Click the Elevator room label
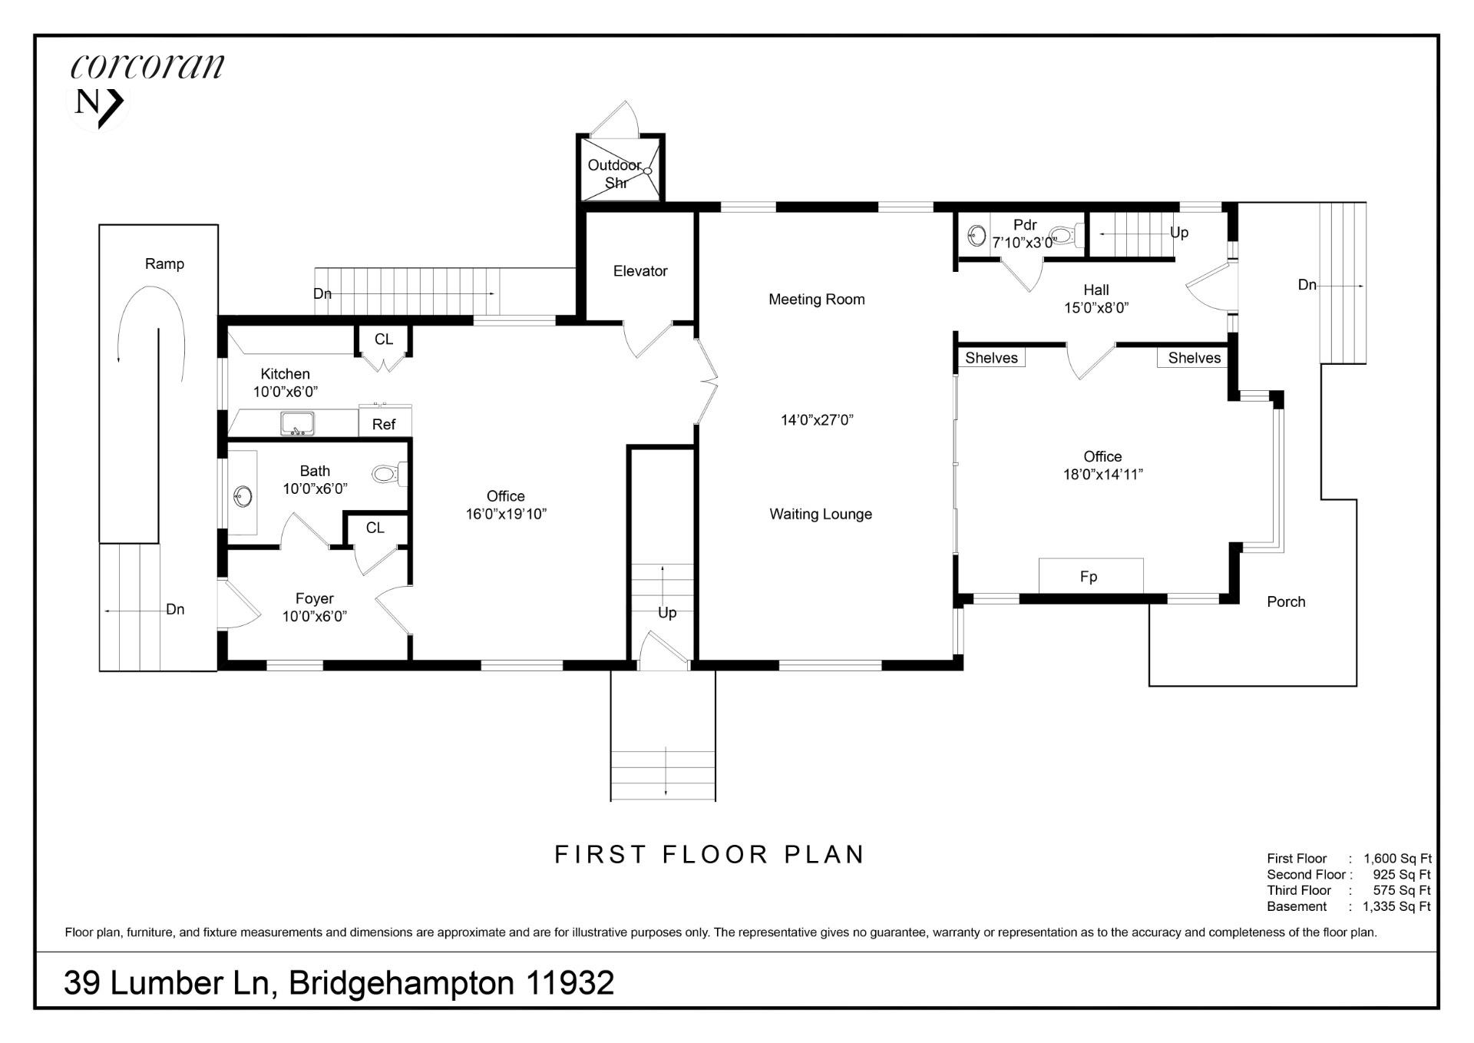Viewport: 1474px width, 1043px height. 640,271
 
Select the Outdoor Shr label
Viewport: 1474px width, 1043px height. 616,174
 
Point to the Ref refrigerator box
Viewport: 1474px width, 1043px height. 384,424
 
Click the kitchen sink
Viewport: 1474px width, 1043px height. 296,423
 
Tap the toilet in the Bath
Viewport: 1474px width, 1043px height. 389,474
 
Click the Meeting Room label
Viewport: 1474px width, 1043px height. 816,300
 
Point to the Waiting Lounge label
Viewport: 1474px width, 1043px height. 821,515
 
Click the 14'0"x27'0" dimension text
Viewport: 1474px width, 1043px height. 817,420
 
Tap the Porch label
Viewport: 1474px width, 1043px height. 1286,602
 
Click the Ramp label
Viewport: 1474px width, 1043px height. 164,264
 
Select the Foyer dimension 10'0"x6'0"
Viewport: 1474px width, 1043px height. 315,616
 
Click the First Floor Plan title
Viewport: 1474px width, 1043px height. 710,855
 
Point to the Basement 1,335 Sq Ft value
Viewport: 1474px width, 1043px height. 1396,907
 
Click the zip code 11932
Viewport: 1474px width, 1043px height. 570,983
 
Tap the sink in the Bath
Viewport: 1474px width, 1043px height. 243,496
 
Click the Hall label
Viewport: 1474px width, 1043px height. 1096,290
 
